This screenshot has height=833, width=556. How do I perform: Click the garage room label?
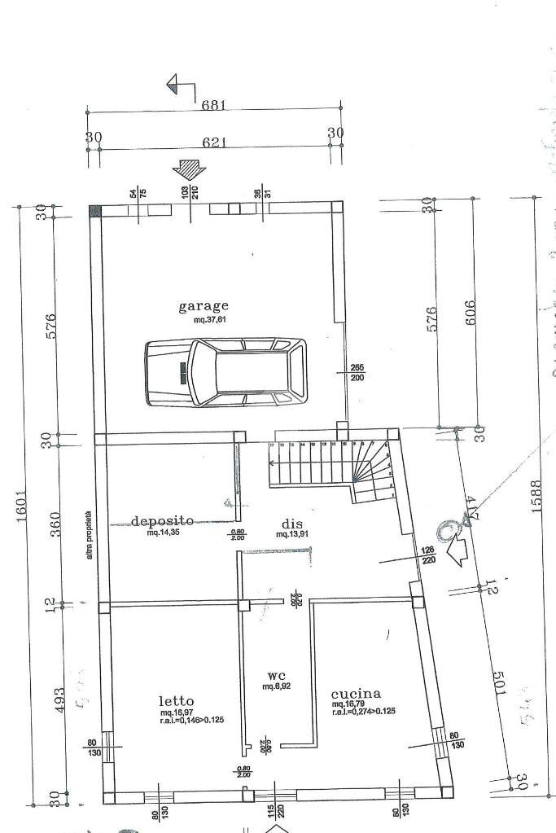coord(204,306)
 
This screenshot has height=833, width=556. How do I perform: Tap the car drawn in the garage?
coord(226,371)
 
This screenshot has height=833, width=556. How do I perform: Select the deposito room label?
coord(163,520)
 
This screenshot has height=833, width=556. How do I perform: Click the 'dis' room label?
coord(292,524)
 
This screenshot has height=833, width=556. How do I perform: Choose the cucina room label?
coord(356,694)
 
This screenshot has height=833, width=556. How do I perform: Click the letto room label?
coord(176,700)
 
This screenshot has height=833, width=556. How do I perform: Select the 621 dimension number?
coord(213,142)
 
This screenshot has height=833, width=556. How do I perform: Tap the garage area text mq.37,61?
coord(204,320)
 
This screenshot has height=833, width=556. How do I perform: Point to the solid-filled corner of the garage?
coord(94,210)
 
